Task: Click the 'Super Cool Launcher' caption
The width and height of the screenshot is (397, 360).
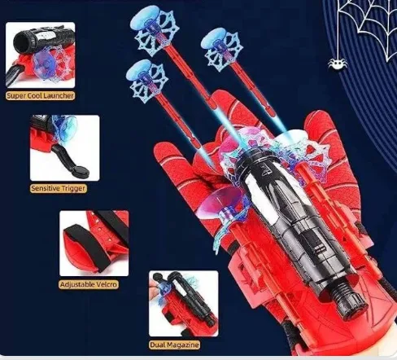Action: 40,95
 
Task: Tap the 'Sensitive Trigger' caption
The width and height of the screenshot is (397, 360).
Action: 59,188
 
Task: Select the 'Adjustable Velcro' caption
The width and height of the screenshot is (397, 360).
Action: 89,284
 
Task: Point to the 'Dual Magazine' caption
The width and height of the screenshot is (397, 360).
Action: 175,345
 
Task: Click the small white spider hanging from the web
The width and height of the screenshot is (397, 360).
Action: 338,64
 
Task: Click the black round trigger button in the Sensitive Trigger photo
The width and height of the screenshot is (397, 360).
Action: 81,171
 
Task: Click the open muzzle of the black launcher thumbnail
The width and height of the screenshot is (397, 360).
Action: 20,42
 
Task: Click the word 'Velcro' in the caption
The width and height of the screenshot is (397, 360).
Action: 106,284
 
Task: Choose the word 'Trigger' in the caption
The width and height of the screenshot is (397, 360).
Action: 74,188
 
